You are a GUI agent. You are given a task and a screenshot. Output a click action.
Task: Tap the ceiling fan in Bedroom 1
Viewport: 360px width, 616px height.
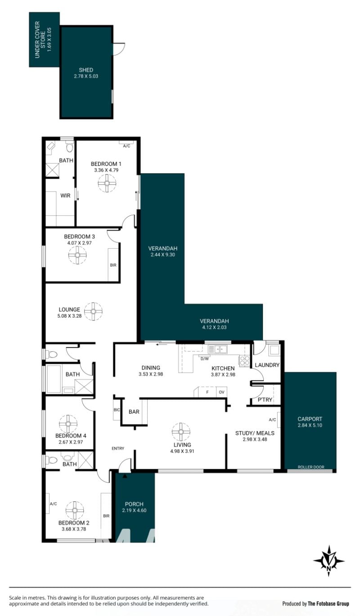107,183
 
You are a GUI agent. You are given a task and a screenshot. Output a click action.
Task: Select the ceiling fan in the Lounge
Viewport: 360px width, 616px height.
93,311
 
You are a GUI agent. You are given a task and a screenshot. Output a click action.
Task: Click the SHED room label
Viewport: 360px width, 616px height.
86,70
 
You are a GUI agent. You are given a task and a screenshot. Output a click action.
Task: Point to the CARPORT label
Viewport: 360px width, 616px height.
310,419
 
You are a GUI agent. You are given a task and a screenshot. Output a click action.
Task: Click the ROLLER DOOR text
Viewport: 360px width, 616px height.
311,467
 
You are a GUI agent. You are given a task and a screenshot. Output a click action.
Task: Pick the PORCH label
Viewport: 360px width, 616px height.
134,504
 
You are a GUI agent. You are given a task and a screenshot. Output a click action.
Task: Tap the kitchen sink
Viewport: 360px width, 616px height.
217,349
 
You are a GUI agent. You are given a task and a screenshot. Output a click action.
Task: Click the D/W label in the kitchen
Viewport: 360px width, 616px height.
204,359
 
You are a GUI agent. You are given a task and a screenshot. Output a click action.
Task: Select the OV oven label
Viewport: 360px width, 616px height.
221,392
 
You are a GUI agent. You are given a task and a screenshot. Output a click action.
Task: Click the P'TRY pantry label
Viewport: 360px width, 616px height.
265,400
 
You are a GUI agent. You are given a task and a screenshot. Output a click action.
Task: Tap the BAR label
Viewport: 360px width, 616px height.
134,412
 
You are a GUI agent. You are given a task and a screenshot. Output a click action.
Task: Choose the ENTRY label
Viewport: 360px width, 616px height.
118,448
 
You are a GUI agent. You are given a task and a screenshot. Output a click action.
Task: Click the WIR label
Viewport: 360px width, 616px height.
65,196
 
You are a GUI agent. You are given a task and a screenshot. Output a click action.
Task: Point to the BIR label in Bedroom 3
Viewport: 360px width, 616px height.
113,265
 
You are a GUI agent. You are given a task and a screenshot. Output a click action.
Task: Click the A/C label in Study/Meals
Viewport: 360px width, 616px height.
272,420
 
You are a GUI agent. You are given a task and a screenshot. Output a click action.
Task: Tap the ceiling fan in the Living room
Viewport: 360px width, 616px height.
181,432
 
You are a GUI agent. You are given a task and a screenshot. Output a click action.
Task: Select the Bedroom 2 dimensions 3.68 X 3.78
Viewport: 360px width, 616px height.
74,529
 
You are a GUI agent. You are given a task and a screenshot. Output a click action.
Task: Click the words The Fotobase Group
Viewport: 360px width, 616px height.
328,603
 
